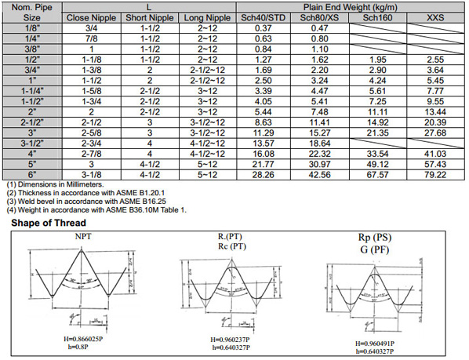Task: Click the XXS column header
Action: click(434, 17)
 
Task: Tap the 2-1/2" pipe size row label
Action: click(31, 123)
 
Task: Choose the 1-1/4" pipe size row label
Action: click(31, 91)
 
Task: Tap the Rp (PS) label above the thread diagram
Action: click(373, 237)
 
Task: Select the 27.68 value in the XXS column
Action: click(434, 133)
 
